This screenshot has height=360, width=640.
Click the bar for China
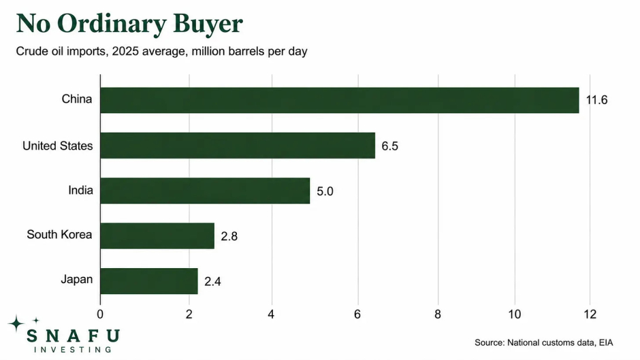tap(340, 100)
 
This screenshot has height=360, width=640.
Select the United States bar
tap(238, 146)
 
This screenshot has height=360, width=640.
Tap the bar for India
tap(205, 191)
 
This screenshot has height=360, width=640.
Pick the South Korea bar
tap(157, 236)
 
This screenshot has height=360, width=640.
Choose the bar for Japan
tap(149, 281)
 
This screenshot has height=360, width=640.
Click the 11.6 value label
tap(596, 100)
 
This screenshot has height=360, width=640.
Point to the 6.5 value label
tap(390, 146)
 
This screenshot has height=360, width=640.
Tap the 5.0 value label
tap(325, 191)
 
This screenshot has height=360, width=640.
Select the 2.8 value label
tap(229, 236)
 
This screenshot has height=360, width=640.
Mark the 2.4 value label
tap(212, 282)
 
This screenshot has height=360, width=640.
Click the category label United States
tap(58, 146)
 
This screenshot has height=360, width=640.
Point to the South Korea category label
tap(60, 234)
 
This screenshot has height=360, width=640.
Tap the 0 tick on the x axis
tap(100, 314)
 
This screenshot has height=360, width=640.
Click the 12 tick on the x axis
tap(590, 314)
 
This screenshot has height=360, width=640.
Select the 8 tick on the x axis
tap(438, 314)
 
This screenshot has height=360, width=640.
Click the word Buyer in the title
tap(208, 24)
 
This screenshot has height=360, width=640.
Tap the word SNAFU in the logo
tap(73, 336)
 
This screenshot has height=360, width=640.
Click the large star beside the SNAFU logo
tap(16, 323)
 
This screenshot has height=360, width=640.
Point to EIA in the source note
tap(606, 342)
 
